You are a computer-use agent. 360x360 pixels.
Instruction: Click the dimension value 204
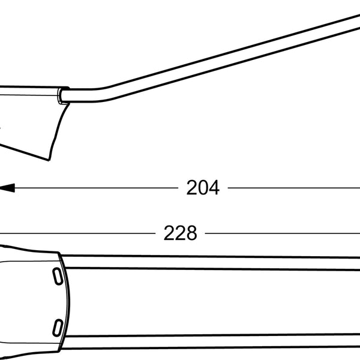(x=203, y=188)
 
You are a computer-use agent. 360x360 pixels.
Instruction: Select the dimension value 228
(x=180, y=233)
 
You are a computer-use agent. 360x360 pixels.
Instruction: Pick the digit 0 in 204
(x=203, y=188)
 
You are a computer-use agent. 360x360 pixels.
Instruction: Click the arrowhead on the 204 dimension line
(x=7, y=188)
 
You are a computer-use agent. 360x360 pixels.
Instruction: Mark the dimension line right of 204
(x=294, y=188)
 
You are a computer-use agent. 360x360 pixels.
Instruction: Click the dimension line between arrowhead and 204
(x=96, y=188)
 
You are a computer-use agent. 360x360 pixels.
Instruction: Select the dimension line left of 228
(x=78, y=233)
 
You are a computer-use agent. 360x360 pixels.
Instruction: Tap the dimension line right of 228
(x=282, y=233)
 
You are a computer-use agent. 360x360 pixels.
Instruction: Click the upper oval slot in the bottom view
(x=56, y=276)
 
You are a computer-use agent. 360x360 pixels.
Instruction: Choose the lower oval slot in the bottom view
(x=57, y=327)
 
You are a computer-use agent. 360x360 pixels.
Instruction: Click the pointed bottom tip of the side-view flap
(x=49, y=160)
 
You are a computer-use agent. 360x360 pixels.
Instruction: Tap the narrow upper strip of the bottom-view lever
(x=210, y=262)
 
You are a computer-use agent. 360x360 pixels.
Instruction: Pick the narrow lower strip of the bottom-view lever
(x=210, y=343)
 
